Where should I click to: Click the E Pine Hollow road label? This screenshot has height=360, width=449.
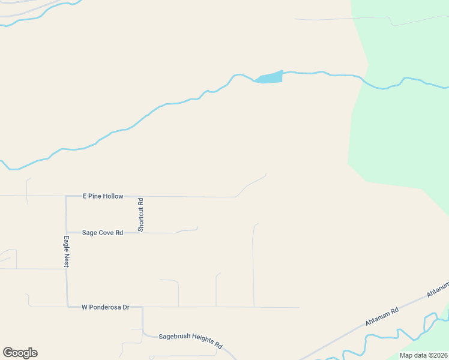[103, 196]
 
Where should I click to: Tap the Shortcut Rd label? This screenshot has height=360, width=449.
[141, 215]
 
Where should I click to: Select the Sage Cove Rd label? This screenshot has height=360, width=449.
[102, 232]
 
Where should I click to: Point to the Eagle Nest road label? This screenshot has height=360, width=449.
[67, 251]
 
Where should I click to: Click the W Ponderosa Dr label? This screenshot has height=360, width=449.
[106, 307]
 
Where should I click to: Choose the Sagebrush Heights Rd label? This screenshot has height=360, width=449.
[190, 340]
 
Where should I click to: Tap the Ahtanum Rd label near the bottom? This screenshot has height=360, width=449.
[382, 317]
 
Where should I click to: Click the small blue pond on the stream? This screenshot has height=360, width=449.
[269, 77]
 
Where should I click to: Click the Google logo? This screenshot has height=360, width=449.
[20, 353]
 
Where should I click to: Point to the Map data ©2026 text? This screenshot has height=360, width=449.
[423, 355]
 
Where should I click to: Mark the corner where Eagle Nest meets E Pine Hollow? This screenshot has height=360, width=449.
[66, 196]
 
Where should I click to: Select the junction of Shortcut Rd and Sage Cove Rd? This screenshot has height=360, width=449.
[141, 232]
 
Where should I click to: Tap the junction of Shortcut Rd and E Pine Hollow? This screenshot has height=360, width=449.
[141, 196]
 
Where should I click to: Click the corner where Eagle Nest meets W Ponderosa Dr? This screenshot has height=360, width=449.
[67, 307]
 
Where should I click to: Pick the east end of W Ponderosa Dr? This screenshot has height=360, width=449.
[299, 307]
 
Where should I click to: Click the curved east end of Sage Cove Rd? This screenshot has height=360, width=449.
[197, 228]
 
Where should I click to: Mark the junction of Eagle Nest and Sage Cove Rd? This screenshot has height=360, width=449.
[67, 232]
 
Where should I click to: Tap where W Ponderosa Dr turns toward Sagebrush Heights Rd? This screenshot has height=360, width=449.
[142, 307]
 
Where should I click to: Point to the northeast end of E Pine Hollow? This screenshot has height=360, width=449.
[265, 175]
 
